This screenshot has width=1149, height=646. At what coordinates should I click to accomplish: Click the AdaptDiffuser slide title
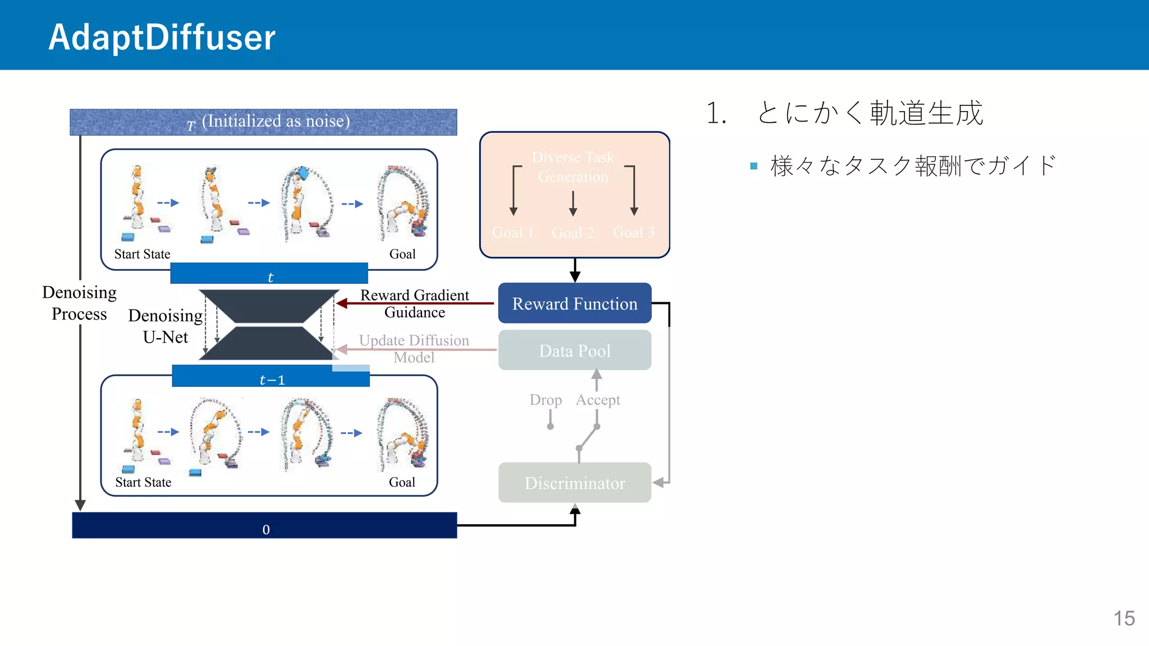[x=162, y=37]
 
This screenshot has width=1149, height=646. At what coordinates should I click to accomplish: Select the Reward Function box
[x=574, y=303]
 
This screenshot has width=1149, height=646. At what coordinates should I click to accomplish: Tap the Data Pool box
[x=574, y=350]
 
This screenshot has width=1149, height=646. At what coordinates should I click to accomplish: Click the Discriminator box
[x=574, y=483]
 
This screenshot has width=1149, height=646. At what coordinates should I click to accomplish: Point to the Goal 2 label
[x=572, y=233]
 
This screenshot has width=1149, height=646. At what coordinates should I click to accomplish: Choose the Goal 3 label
[x=633, y=232]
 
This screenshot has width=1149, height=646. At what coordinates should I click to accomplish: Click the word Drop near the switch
[x=545, y=400]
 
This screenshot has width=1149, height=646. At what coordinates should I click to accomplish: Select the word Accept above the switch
[x=598, y=400]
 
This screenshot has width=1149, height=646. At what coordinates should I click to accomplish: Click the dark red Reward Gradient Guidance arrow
[x=415, y=303]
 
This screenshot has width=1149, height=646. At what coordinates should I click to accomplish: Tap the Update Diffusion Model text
[x=414, y=348]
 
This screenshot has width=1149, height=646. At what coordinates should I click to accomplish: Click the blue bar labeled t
[x=269, y=274]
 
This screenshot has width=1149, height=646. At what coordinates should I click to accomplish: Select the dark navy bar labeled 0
[x=265, y=525]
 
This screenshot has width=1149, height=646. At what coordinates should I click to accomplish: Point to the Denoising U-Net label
[x=165, y=326]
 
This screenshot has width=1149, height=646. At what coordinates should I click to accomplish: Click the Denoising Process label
[x=79, y=303]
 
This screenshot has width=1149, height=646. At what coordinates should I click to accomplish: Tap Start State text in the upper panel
[x=142, y=254]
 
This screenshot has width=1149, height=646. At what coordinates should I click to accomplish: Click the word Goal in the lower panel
[x=402, y=482]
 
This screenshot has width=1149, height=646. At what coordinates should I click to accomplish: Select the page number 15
[x=1124, y=619]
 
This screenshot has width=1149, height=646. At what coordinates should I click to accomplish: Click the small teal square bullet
[x=753, y=166]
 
